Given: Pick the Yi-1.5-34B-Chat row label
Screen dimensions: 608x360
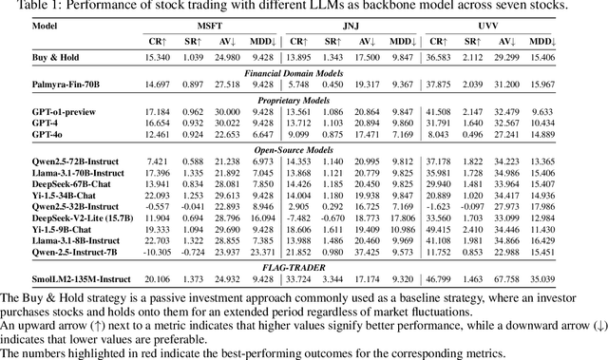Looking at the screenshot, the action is (x=41, y=195).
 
